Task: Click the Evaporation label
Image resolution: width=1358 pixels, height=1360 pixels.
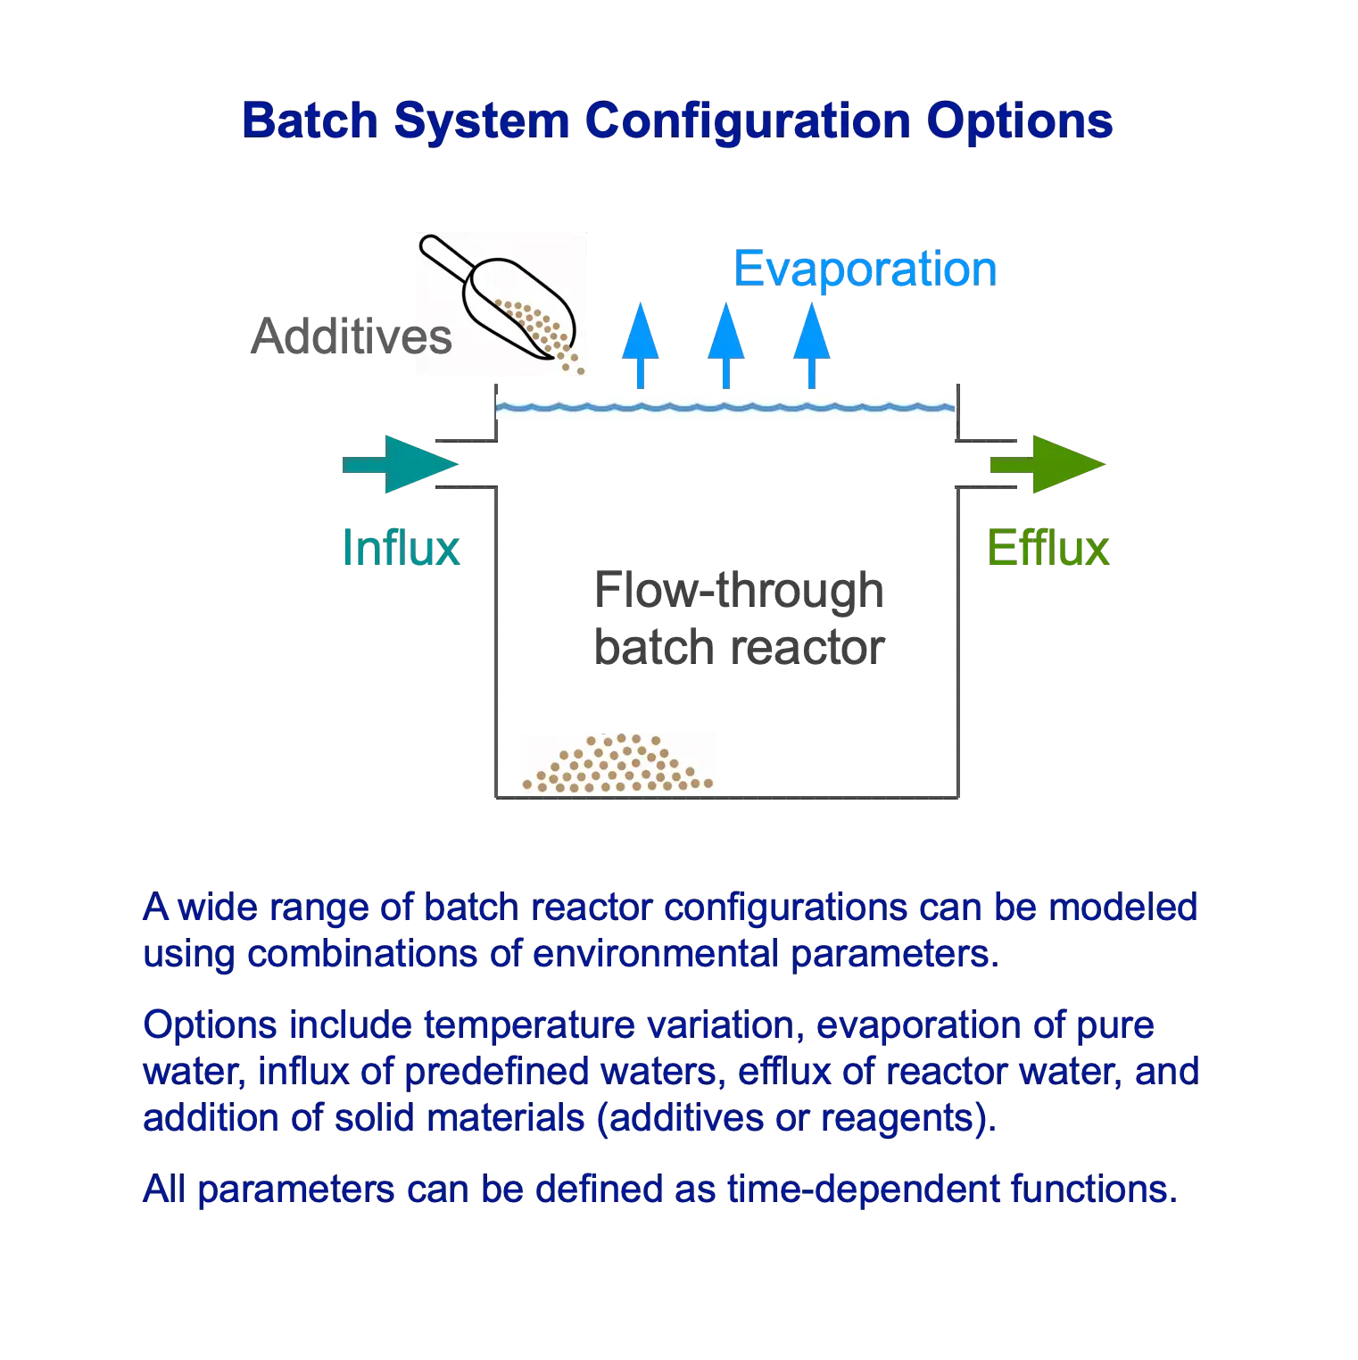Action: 865,269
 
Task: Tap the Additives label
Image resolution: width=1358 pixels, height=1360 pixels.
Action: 352,337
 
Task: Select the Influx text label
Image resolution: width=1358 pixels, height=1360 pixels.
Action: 402,547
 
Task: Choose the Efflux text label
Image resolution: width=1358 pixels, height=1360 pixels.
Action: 1047,547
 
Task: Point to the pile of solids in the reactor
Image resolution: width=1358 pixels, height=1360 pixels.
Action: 617,765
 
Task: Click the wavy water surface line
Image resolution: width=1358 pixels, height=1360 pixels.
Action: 725,409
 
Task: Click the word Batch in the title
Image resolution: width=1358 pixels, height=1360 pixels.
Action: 311,120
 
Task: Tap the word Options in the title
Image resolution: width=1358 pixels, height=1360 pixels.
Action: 1020,120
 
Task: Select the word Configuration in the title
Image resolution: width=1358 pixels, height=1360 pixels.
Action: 749,122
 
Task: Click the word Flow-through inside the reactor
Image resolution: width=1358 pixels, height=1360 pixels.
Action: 739,591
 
